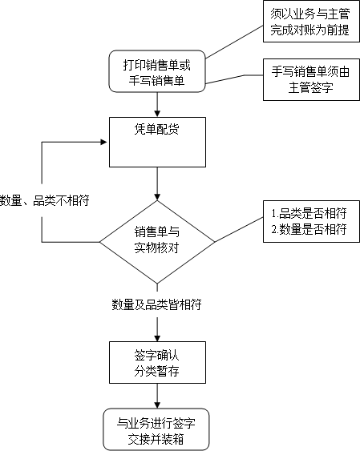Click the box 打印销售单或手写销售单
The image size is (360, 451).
coord(157,71)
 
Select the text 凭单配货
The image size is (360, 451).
coord(157,129)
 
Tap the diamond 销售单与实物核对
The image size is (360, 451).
coord(157,242)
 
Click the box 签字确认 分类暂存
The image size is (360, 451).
coord(157,362)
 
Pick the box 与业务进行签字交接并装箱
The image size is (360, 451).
coord(156,429)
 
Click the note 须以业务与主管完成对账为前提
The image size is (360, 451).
coord(311,22)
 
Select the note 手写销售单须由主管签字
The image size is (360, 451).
coord(311,79)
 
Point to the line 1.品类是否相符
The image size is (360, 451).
coord(309,213)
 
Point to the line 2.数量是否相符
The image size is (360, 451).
coord(309,230)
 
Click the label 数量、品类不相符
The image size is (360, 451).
coord(45,200)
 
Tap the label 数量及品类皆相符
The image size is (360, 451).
coord(157,304)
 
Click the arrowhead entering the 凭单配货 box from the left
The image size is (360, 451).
coord(103,142)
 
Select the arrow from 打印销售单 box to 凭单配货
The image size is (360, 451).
coord(157,105)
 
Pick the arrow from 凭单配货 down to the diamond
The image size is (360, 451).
coord(157,183)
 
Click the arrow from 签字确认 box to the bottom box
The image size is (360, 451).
coord(157,396)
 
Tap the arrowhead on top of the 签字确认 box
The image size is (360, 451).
coord(157,338)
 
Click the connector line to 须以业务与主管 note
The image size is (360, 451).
coord(234,42)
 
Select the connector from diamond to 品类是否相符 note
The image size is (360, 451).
coord(239,230)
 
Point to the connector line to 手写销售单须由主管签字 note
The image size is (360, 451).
coord(234,79)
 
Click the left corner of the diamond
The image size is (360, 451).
coord(99,242)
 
